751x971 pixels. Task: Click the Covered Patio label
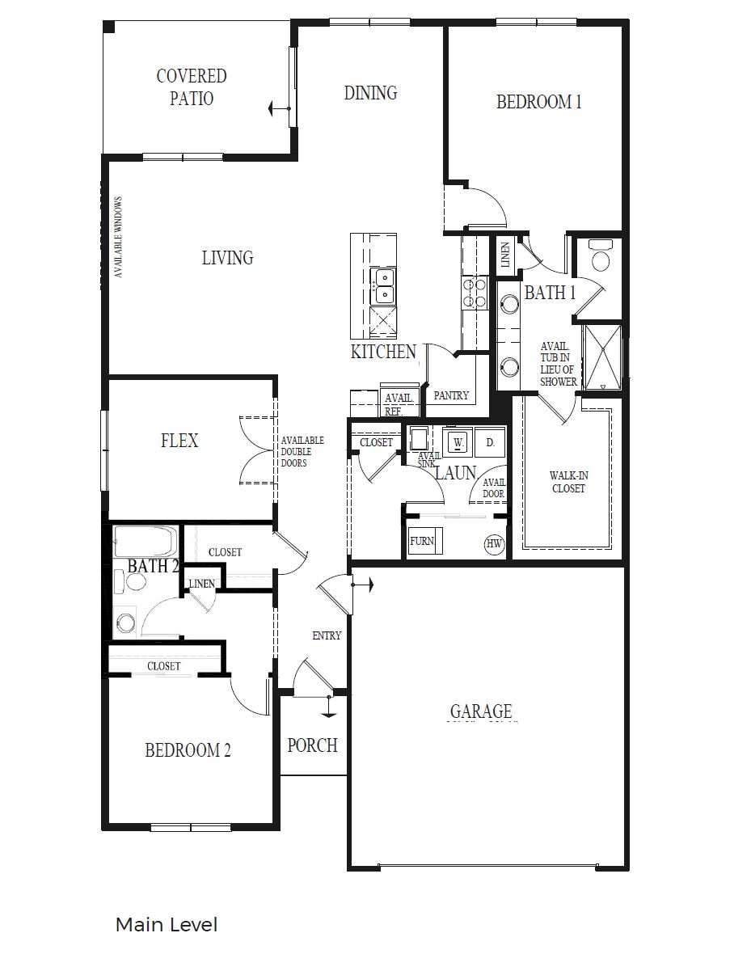pos(192,87)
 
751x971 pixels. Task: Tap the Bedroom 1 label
pos(538,102)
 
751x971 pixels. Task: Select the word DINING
pos(370,93)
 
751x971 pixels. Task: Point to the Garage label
pos(481,711)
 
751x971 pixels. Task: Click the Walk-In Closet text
pos(567,483)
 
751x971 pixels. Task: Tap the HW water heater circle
pos(494,544)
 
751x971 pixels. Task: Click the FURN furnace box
pos(422,542)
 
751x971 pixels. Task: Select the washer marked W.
pos(458,442)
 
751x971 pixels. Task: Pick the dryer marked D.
pos(489,442)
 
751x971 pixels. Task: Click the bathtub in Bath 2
pos(146,539)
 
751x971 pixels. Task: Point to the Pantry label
pos(451,395)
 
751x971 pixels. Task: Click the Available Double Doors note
pos(302,452)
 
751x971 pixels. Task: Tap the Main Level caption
pos(167,924)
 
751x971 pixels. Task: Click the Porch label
pos(312,745)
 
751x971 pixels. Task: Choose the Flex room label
pos(179,441)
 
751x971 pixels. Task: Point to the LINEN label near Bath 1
pos(505,255)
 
